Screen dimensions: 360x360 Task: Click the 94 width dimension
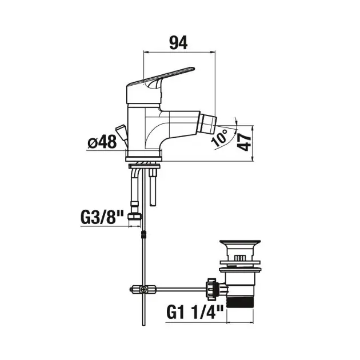tap(178, 43)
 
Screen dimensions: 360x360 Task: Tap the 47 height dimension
tap(245, 142)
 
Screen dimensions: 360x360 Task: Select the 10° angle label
tap(220, 138)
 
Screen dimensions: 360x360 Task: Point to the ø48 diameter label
tap(102, 142)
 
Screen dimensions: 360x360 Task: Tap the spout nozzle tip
tap(207, 124)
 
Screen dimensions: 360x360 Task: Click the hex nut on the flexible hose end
tap(134, 217)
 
